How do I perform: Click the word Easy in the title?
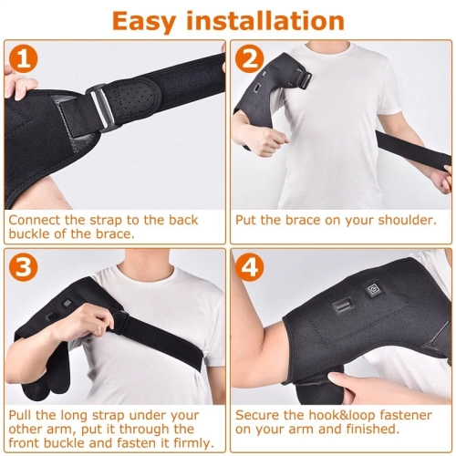[141, 21]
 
